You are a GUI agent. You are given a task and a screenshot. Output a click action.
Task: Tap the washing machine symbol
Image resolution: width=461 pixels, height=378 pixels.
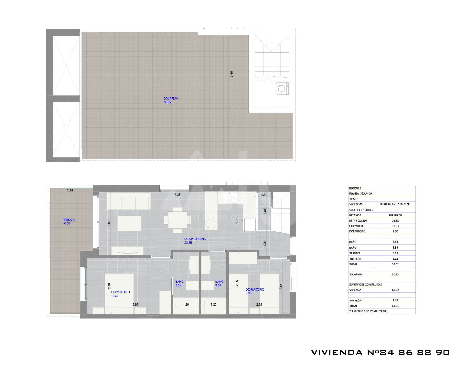(282, 88)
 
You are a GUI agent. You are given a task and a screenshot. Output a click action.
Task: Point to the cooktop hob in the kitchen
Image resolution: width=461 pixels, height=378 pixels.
(231, 198)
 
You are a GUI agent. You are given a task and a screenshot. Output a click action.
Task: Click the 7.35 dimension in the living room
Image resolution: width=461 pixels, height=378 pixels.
(178, 195)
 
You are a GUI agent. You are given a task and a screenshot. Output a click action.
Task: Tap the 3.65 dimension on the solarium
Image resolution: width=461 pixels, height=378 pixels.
(232, 74)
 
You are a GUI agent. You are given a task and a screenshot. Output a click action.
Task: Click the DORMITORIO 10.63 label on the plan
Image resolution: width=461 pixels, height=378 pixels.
(120, 294)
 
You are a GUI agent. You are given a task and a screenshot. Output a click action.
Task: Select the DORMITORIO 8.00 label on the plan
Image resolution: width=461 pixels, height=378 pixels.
(255, 291)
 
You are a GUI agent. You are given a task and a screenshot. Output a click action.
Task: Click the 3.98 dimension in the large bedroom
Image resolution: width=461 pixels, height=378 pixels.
(135, 304)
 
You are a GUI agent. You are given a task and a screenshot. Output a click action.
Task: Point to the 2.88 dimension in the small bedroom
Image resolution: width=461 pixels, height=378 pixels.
(259, 304)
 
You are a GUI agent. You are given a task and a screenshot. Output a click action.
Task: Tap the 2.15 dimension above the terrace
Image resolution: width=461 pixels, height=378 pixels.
(70, 190)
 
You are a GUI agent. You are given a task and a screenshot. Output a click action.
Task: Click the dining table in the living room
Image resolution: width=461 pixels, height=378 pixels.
(178, 220)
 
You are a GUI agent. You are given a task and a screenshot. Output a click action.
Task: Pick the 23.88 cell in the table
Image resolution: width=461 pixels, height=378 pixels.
(395, 221)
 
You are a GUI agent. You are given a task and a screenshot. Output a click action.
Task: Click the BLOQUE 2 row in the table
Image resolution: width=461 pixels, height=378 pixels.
(382, 188)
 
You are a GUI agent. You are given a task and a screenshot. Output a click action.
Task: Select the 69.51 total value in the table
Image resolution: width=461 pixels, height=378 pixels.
(395, 306)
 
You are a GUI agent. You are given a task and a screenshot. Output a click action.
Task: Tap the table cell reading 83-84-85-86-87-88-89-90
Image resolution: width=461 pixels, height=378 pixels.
(395, 204)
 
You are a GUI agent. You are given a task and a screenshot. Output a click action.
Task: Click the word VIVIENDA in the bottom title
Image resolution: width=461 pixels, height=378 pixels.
(337, 352)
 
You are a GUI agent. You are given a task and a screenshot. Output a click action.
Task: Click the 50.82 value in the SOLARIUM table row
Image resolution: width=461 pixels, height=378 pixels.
(395, 274)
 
